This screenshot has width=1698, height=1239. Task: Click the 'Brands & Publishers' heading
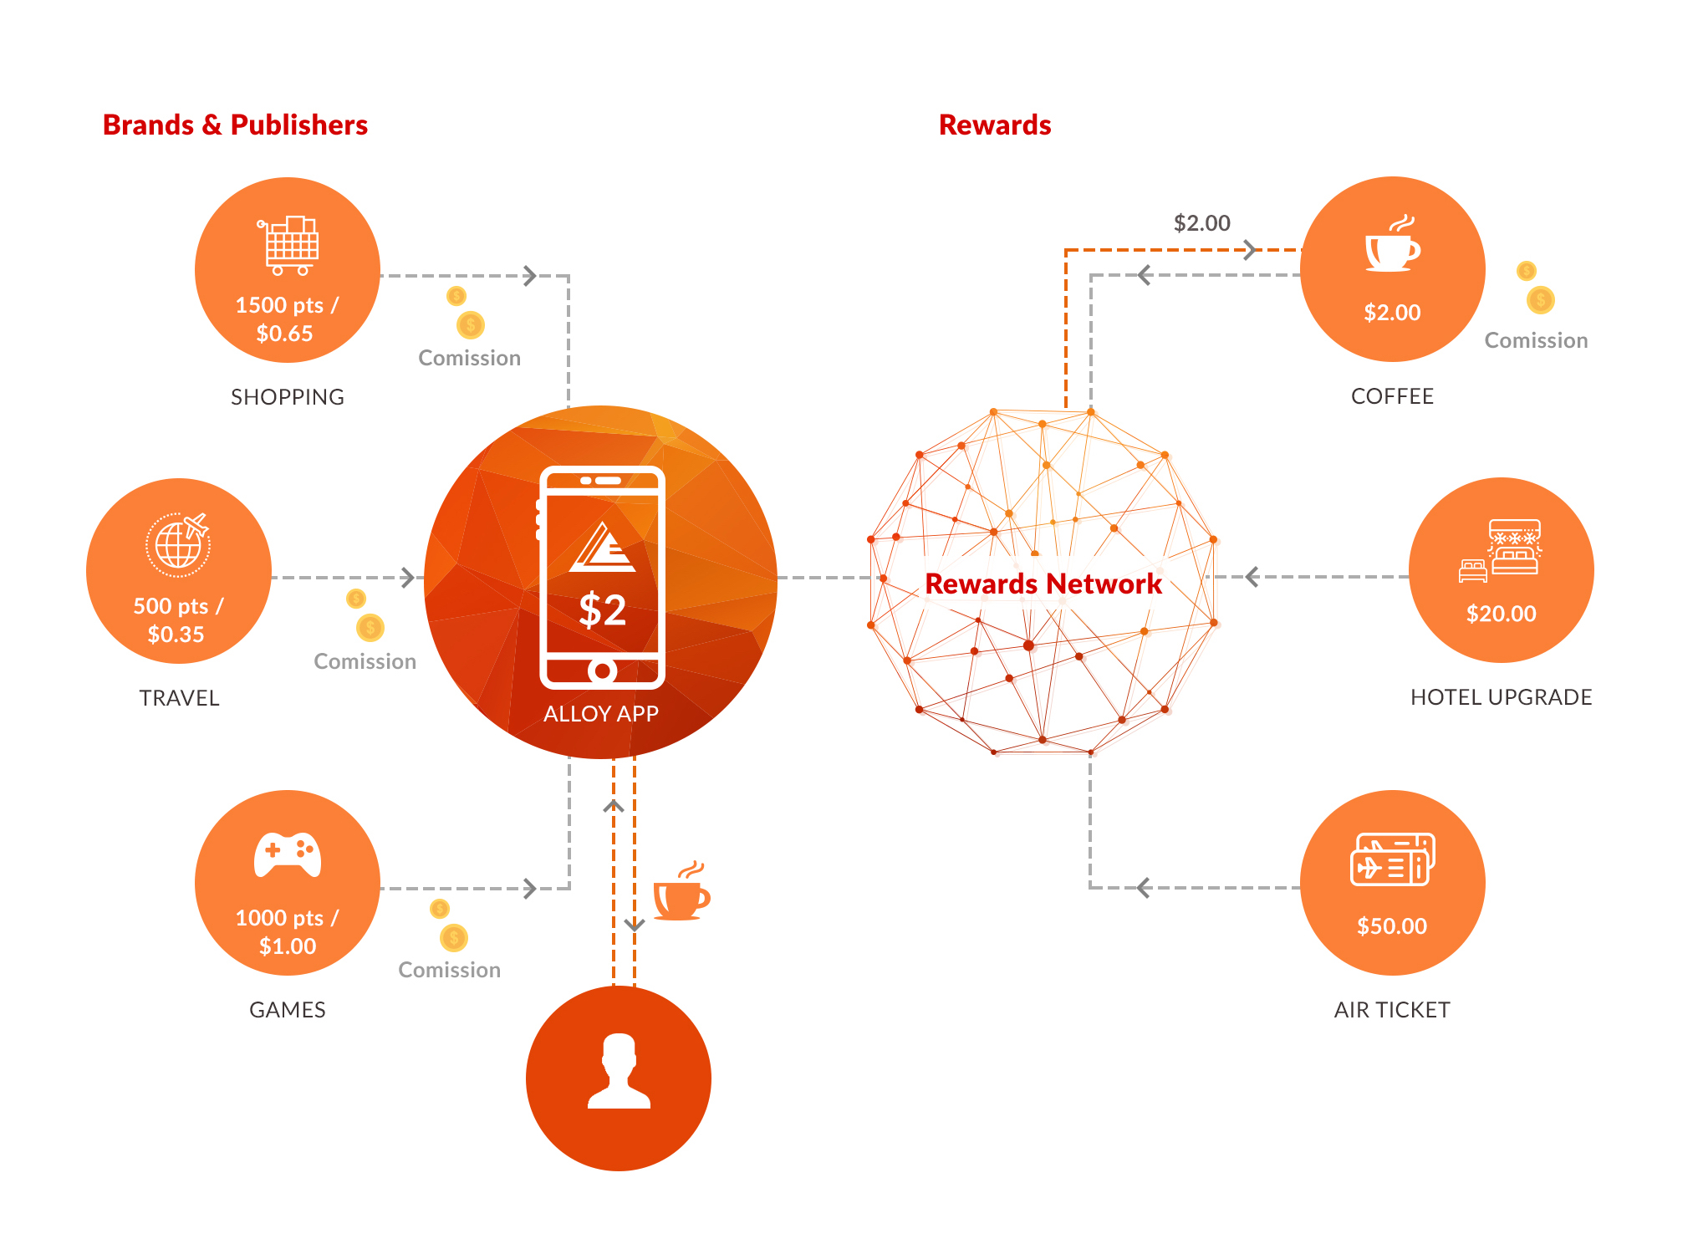pyautogui.click(x=235, y=125)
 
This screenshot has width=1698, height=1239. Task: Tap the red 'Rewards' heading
pyautogui.click(x=995, y=125)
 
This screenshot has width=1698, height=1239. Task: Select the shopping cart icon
pyautogui.click(x=288, y=246)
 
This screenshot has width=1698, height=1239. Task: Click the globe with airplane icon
pyautogui.click(x=178, y=544)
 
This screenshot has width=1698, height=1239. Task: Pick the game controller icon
pyautogui.click(x=288, y=854)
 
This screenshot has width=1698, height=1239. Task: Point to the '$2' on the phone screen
pyautogui.click(x=603, y=609)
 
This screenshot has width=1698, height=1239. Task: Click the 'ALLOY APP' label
pyautogui.click(x=601, y=713)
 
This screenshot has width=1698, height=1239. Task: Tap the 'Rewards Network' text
pyautogui.click(x=1043, y=584)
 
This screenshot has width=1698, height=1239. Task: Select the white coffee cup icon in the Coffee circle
pyautogui.click(x=1393, y=244)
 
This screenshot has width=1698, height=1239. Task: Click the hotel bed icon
pyautogui.click(x=1500, y=550)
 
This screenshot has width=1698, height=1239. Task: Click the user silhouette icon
pyautogui.click(x=619, y=1071)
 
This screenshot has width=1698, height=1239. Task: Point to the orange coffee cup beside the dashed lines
pyautogui.click(x=681, y=891)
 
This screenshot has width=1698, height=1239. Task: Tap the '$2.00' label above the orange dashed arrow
pyautogui.click(x=1202, y=222)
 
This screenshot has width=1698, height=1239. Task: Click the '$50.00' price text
pyautogui.click(x=1392, y=925)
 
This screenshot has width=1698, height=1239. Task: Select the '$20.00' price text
pyautogui.click(x=1502, y=613)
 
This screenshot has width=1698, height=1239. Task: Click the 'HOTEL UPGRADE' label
pyautogui.click(x=1502, y=696)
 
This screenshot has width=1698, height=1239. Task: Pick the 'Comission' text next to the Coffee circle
pyautogui.click(x=1537, y=340)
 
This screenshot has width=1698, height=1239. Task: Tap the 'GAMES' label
pyautogui.click(x=288, y=1009)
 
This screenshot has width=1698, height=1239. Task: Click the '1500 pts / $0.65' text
pyautogui.click(x=287, y=319)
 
